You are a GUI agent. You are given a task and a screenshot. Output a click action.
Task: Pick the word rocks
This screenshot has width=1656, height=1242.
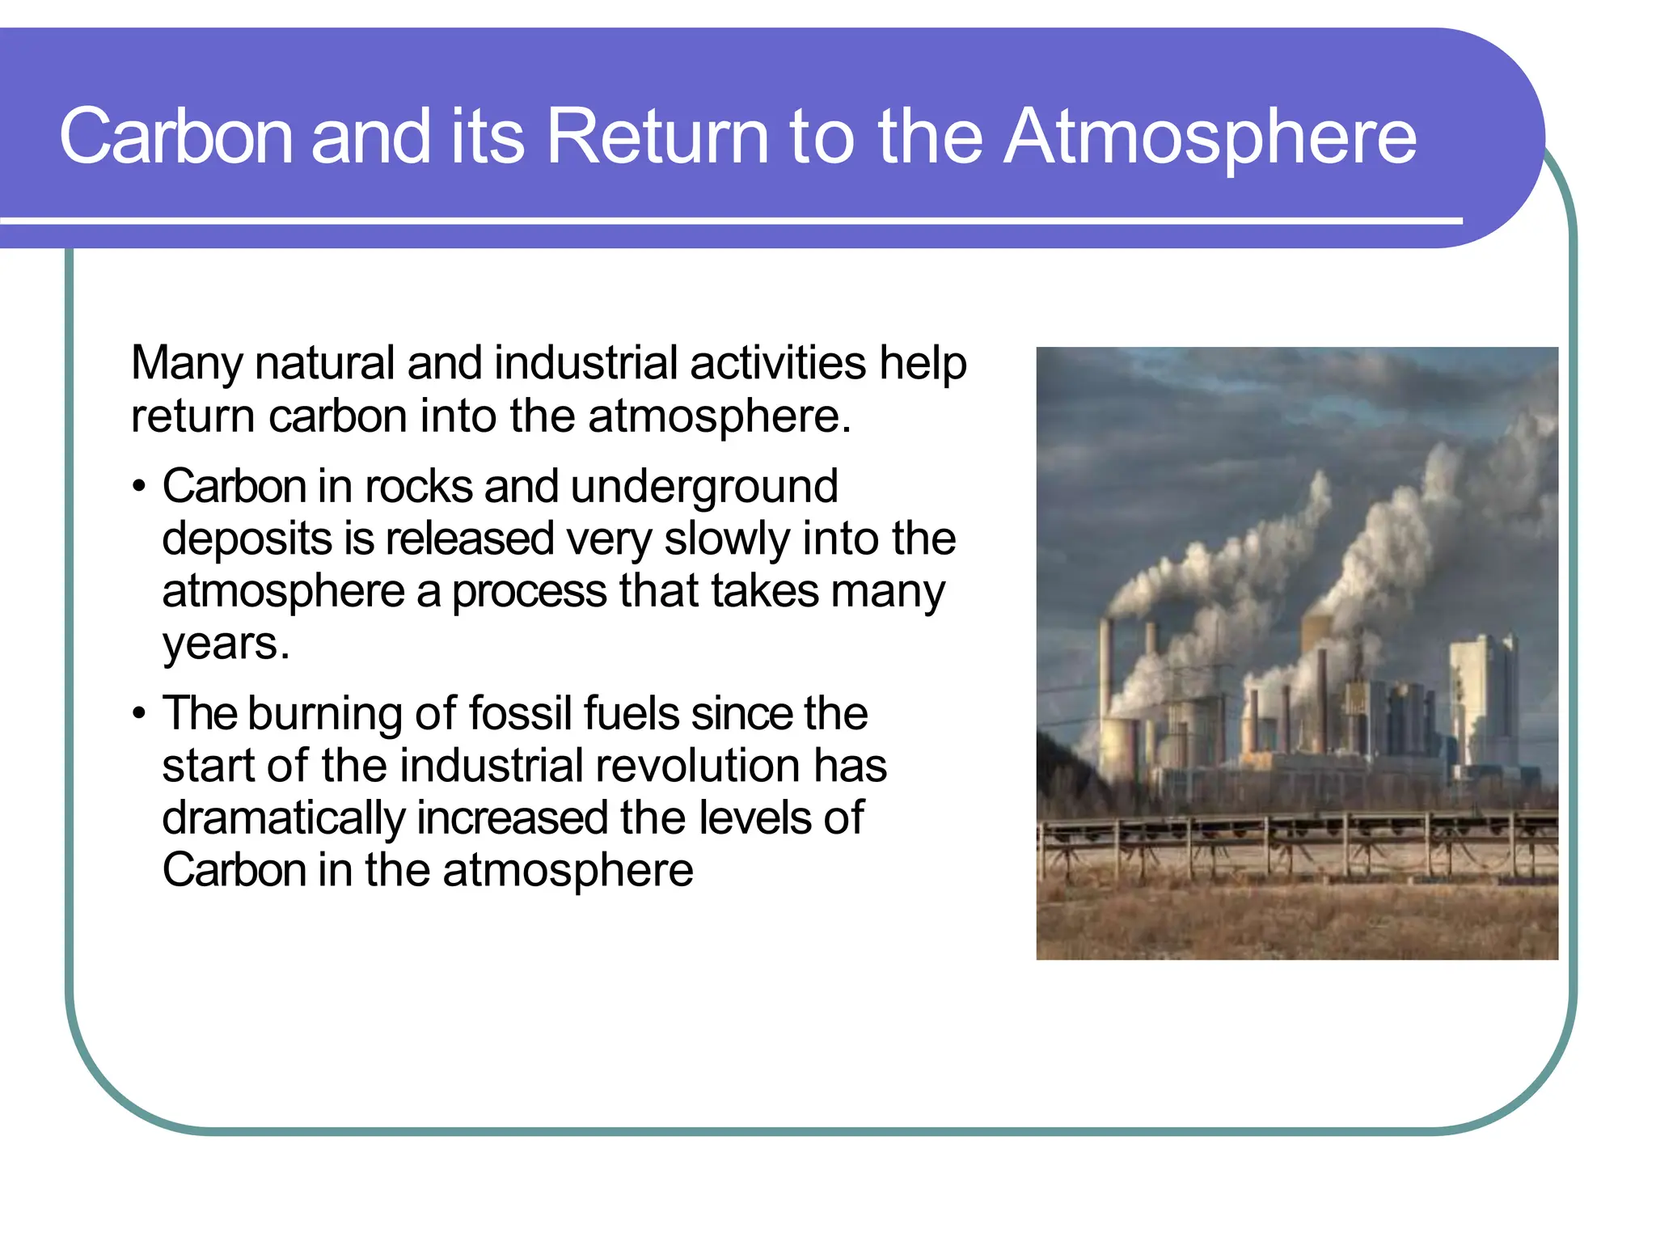pyautogui.click(x=418, y=487)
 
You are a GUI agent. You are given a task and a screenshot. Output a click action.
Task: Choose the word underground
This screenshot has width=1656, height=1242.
pyautogui.click(x=703, y=487)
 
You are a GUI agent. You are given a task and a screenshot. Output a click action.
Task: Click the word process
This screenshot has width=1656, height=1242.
pyautogui.click(x=529, y=592)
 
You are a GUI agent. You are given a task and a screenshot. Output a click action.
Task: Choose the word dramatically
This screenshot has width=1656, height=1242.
pyautogui.click(x=282, y=818)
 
